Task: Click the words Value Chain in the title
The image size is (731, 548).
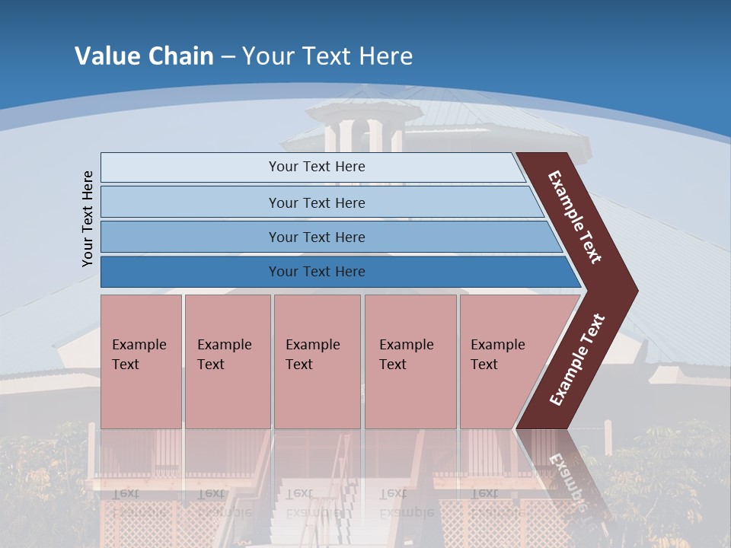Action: (144, 56)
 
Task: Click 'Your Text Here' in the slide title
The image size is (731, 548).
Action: (327, 56)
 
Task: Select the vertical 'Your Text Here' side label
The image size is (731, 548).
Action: (88, 218)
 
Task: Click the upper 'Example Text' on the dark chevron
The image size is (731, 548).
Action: (575, 217)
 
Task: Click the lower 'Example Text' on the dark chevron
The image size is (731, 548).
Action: (577, 360)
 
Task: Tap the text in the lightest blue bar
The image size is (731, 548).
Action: (317, 167)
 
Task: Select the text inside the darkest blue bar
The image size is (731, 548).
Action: (317, 272)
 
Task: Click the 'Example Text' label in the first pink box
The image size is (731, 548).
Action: (139, 355)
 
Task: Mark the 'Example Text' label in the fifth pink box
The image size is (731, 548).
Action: (497, 355)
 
